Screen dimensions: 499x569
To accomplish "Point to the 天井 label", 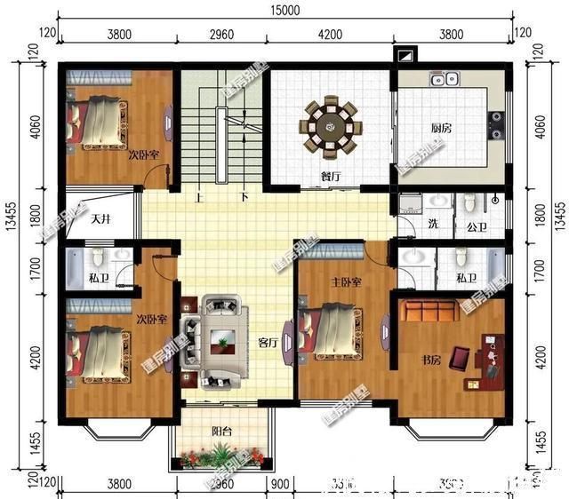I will coord(100,218).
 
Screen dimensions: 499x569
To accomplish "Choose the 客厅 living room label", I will coord(267,341).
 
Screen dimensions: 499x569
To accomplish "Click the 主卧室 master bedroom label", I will coord(346,283).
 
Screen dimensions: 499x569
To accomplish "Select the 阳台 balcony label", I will coord(222,432).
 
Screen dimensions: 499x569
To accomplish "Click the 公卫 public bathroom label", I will coord(477,227).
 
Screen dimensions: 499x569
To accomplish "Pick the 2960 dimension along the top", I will coord(222,35).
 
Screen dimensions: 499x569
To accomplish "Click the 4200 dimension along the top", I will coord(329,35).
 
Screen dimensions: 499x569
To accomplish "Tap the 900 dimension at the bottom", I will coord(279,484).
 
